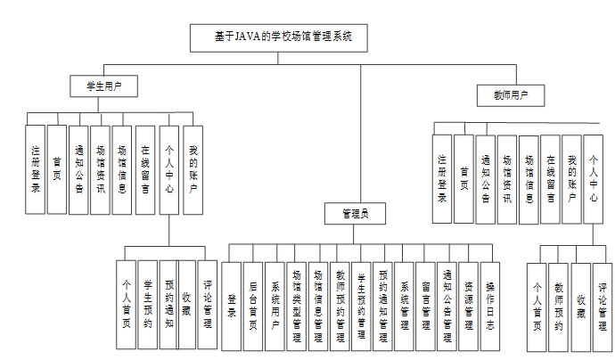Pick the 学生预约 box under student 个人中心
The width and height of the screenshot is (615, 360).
[x=149, y=303]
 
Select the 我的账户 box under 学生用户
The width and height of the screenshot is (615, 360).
[x=193, y=169]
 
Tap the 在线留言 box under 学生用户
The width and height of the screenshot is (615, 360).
[x=146, y=169]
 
